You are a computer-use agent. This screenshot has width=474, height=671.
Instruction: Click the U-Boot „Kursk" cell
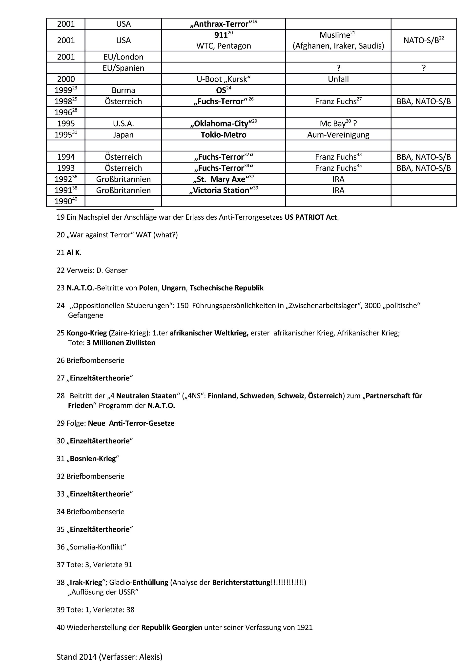[x=224, y=79]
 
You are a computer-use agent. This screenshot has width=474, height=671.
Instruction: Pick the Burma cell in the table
[x=123, y=90]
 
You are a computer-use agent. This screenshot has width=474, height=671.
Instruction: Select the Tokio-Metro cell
[x=224, y=135]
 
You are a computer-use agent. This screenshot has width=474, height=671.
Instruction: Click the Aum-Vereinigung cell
[x=338, y=135]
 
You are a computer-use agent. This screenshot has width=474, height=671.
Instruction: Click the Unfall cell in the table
[x=338, y=79]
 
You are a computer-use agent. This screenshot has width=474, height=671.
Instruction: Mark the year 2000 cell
[x=66, y=79]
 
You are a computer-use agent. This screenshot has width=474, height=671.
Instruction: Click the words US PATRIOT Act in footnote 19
[x=311, y=217]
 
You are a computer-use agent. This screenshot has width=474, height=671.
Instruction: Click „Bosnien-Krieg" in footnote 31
[x=93, y=459]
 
